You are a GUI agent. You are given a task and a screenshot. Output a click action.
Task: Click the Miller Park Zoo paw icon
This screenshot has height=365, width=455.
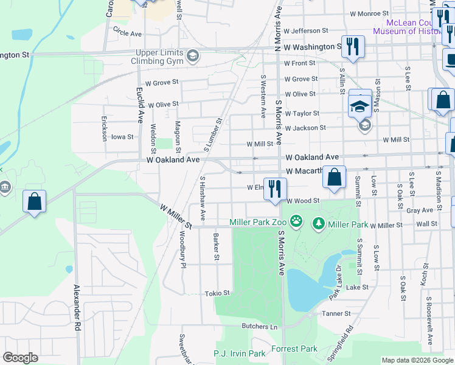296,222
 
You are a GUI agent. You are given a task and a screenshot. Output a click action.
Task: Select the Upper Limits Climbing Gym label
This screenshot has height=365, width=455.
159,57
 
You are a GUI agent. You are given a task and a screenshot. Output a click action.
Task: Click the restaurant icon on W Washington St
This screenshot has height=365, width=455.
353,46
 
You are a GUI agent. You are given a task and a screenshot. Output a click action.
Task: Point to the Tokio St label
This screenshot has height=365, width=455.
218,293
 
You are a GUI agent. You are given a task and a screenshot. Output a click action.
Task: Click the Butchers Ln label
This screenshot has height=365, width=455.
259,327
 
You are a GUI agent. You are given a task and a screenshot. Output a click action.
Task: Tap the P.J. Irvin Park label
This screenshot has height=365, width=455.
240,353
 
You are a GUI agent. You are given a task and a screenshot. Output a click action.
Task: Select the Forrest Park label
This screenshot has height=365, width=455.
299,349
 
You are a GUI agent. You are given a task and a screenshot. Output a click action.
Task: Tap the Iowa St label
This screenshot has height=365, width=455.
122,137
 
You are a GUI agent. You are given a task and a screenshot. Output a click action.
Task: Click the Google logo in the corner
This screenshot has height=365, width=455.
20,358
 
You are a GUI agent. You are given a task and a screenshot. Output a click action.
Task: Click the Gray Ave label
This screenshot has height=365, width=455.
420,210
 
